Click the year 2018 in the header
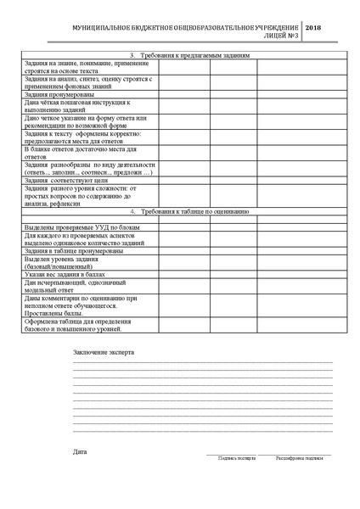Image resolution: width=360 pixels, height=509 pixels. pos(312,29)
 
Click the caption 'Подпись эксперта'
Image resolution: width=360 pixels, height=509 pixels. pos(236,458)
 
